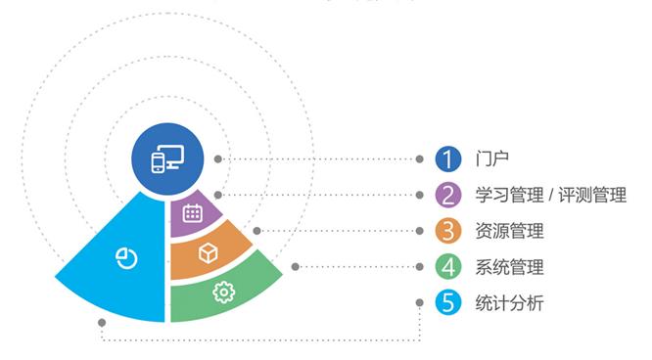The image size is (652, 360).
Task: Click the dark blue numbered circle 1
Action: pyautogui.click(x=447, y=158)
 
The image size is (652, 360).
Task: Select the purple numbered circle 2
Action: pyautogui.click(x=447, y=195)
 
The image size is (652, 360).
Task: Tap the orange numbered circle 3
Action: pyautogui.click(x=447, y=231)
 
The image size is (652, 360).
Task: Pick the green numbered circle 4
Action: pyautogui.click(x=447, y=266)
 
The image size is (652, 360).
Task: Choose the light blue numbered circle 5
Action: pyautogui.click(x=447, y=302)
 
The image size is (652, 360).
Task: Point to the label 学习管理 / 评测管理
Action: pyautogui.click(x=549, y=195)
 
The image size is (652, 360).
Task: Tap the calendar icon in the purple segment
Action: pyautogui.click(x=192, y=212)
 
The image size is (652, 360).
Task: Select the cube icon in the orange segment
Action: pyautogui.click(x=208, y=253)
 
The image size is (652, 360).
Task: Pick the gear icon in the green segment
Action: pyautogui.click(x=223, y=292)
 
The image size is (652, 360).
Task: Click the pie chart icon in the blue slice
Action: pyautogui.click(x=126, y=257)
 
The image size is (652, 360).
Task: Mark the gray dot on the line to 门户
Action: pyautogui.click(x=217, y=158)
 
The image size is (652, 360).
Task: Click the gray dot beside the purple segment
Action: pyautogui.click(x=218, y=195)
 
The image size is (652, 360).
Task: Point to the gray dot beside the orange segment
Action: pyautogui.click(x=256, y=231)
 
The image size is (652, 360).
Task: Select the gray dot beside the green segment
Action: pyautogui.click(x=296, y=266)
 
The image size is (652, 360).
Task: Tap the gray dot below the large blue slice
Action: pyautogui.click(x=101, y=320)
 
